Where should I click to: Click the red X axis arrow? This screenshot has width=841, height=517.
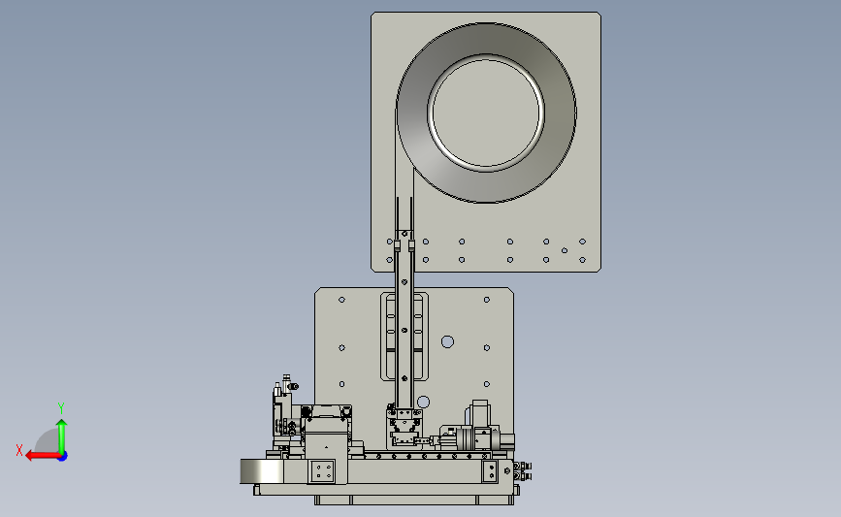tap(43, 456)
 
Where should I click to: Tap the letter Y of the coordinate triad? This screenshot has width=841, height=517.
tap(61, 408)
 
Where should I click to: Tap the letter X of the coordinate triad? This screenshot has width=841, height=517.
tap(19, 450)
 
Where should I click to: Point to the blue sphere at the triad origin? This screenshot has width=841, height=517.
tap(63, 457)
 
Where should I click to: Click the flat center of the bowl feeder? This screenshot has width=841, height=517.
tap(486, 113)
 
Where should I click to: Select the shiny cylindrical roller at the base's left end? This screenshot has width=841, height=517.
tap(260, 471)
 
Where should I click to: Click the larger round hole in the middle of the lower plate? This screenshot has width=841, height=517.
tap(447, 341)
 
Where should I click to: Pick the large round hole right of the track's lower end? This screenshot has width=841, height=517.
tap(423, 402)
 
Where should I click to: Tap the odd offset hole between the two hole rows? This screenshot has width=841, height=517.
tap(565, 250)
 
